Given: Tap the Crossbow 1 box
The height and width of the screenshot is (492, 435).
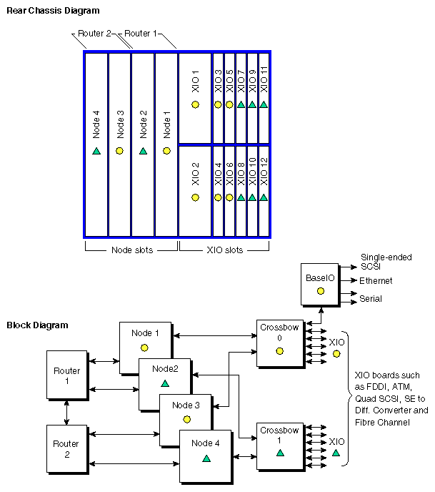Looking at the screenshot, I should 279,443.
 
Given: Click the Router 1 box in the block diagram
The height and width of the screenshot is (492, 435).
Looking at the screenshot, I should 66,375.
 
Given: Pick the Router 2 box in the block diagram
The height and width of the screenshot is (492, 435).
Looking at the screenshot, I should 66,448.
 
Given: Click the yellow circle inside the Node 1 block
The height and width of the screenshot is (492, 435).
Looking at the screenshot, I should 144,348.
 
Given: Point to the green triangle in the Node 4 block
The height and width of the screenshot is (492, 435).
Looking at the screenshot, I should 206,458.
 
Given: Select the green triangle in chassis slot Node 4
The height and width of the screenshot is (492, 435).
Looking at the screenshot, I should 96,151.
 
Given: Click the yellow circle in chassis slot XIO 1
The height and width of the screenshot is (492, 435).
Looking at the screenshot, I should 195,105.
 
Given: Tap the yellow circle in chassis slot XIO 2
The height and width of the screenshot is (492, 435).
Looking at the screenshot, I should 195,197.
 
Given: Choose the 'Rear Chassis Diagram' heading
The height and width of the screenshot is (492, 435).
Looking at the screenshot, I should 53,11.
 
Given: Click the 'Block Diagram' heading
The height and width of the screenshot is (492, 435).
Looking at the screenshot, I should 37,325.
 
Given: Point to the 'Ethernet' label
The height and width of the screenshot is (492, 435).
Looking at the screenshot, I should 376,281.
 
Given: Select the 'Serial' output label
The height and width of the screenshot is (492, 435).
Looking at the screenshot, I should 371,299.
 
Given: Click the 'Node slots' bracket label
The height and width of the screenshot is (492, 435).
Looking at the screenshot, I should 131,250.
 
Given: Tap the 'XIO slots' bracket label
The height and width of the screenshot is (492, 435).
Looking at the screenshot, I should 224,250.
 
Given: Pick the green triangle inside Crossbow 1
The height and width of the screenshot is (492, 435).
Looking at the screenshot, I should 279,453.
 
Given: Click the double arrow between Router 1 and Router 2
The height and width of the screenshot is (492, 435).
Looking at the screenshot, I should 66,412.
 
